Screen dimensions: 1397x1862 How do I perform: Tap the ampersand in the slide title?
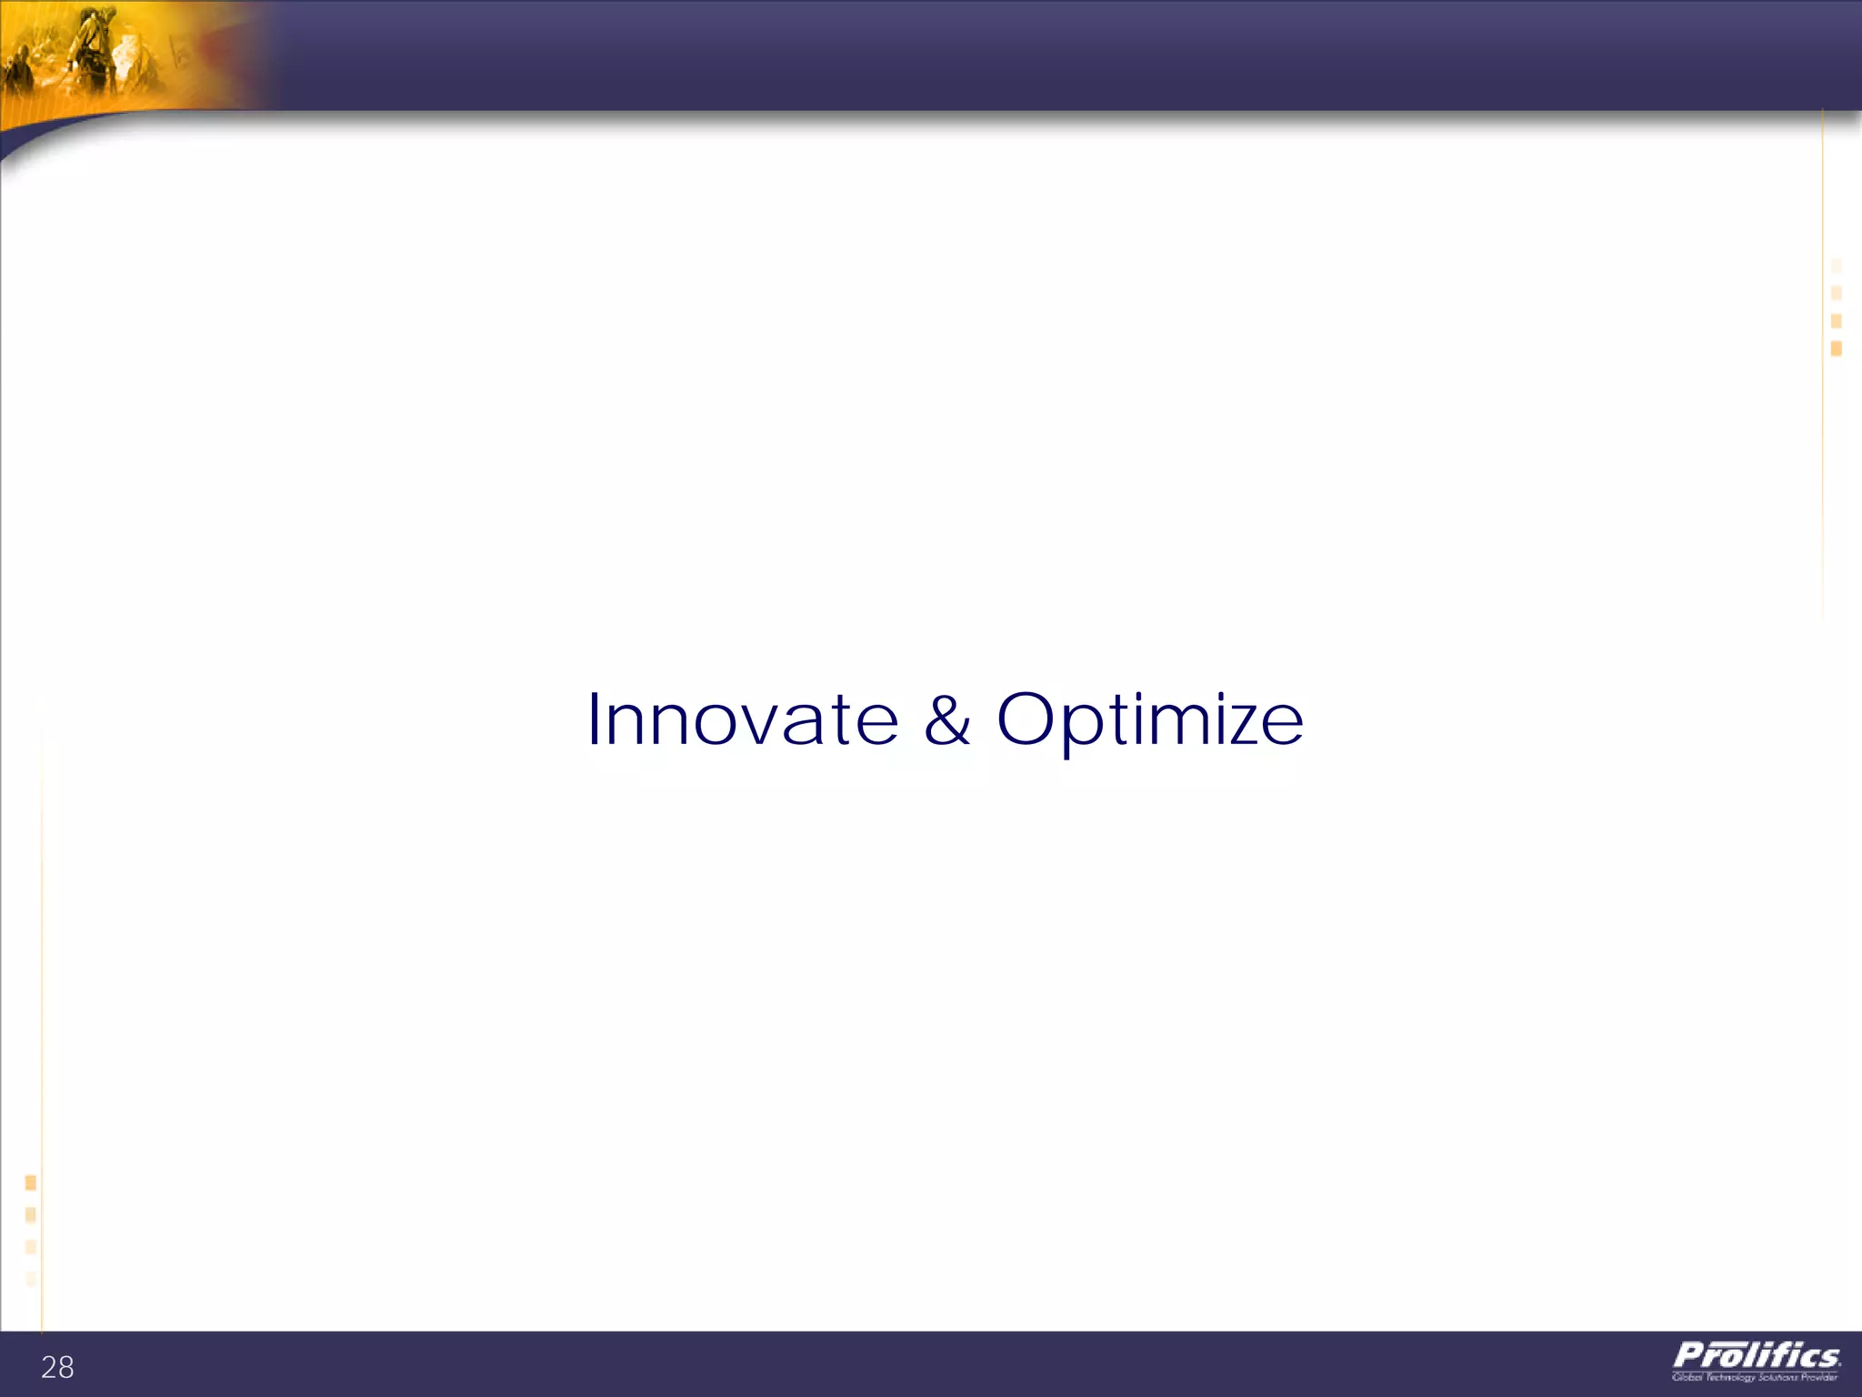pos(947,720)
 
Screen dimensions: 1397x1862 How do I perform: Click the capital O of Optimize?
pos(1028,719)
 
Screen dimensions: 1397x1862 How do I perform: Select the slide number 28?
pos(57,1367)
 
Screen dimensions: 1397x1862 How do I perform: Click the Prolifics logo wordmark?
pos(1757,1356)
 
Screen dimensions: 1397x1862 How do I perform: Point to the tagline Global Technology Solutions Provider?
pos(1755,1377)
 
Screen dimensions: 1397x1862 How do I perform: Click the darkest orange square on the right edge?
pos(1837,348)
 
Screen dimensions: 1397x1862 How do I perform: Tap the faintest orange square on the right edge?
pos(1837,266)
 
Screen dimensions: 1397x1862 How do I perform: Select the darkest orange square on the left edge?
pos(31,1182)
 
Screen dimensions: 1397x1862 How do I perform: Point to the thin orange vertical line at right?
pos(1823,364)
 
